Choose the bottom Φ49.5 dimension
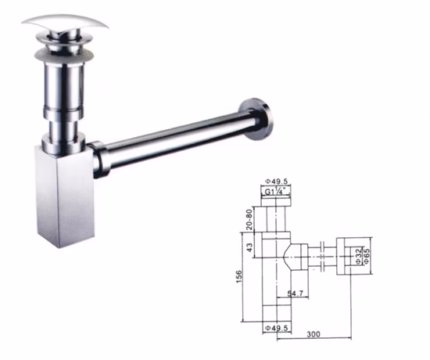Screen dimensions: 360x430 277,326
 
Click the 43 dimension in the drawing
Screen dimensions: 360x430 249,248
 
